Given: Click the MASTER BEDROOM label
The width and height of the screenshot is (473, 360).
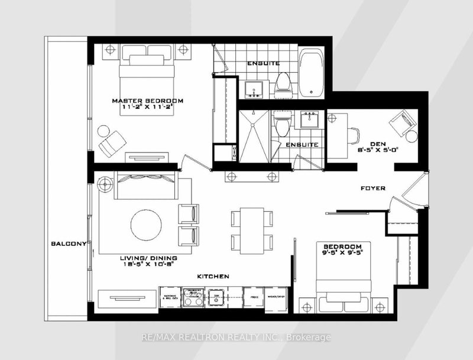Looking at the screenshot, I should (x=148, y=101).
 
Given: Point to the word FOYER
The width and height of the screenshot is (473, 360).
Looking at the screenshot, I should (x=374, y=189).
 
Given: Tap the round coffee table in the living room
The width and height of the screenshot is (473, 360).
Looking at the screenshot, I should (x=145, y=225).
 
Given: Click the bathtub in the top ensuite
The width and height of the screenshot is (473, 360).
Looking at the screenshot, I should (x=312, y=74).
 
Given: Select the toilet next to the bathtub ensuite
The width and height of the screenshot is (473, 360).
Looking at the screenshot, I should (x=283, y=83).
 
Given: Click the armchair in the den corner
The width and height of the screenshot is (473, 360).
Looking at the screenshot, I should (x=400, y=126).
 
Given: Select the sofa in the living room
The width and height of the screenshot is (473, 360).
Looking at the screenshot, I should (x=144, y=186).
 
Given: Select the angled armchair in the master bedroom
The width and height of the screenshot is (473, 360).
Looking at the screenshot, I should (x=112, y=142).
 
